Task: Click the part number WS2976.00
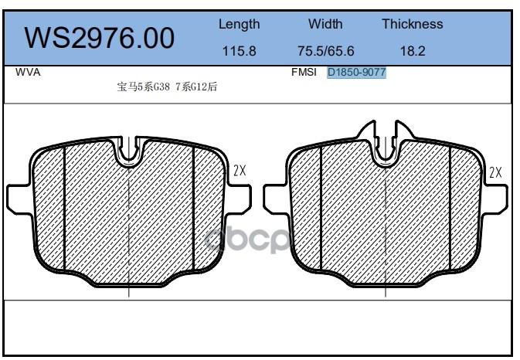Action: coord(99,38)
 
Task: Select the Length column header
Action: coord(239,25)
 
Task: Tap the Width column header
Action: coord(325,24)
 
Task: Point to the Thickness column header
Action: coord(413,24)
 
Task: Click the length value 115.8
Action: coord(239,51)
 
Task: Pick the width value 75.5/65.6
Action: coord(325,51)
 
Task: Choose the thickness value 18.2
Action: coord(413,51)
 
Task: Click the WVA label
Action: coord(28,73)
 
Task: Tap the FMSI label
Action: coord(304,73)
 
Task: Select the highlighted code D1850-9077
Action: coord(356,73)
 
